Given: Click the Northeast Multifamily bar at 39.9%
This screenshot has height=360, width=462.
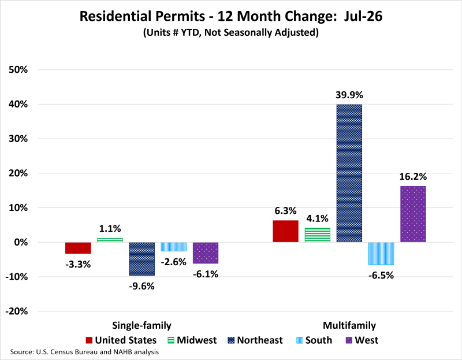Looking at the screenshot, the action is pyautogui.click(x=349, y=173).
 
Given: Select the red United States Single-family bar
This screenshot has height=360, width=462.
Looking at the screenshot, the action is pyautogui.click(x=78, y=248).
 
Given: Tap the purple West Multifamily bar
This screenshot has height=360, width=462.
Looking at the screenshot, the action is pyautogui.click(x=413, y=214).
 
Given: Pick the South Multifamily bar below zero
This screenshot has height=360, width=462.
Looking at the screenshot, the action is pyautogui.click(x=381, y=254).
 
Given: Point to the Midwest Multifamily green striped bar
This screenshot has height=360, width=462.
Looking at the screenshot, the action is pyautogui.click(x=317, y=235).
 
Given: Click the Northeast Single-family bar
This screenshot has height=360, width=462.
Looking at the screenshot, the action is pyautogui.click(x=141, y=259).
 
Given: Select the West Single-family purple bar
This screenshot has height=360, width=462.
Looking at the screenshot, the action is pyautogui.click(x=206, y=253).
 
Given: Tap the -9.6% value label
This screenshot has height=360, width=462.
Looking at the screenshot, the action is pyautogui.click(x=141, y=286).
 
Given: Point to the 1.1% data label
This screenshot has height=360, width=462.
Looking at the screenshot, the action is pyautogui.click(x=110, y=228).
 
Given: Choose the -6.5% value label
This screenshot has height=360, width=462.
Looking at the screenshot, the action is pyautogui.click(x=381, y=276).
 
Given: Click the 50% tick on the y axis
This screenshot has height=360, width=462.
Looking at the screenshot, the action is pyautogui.click(x=18, y=70).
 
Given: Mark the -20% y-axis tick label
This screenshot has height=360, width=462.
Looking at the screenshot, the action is pyautogui.click(x=17, y=311).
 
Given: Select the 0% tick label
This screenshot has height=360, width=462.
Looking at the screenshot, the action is pyautogui.click(x=21, y=242).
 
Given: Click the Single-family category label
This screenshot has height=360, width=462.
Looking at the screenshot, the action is pyautogui.click(x=141, y=325).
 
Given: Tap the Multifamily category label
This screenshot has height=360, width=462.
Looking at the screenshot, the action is pyautogui.click(x=349, y=325).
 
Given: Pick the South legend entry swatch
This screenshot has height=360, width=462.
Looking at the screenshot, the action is pyautogui.click(x=299, y=340).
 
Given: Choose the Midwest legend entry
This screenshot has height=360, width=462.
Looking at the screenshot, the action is pyautogui.click(x=192, y=340).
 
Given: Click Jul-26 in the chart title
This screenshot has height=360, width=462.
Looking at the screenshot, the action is pyautogui.click(x=363, y=16).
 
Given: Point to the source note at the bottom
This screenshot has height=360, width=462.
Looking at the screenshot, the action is pyautogui.click(x=84, y=352).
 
